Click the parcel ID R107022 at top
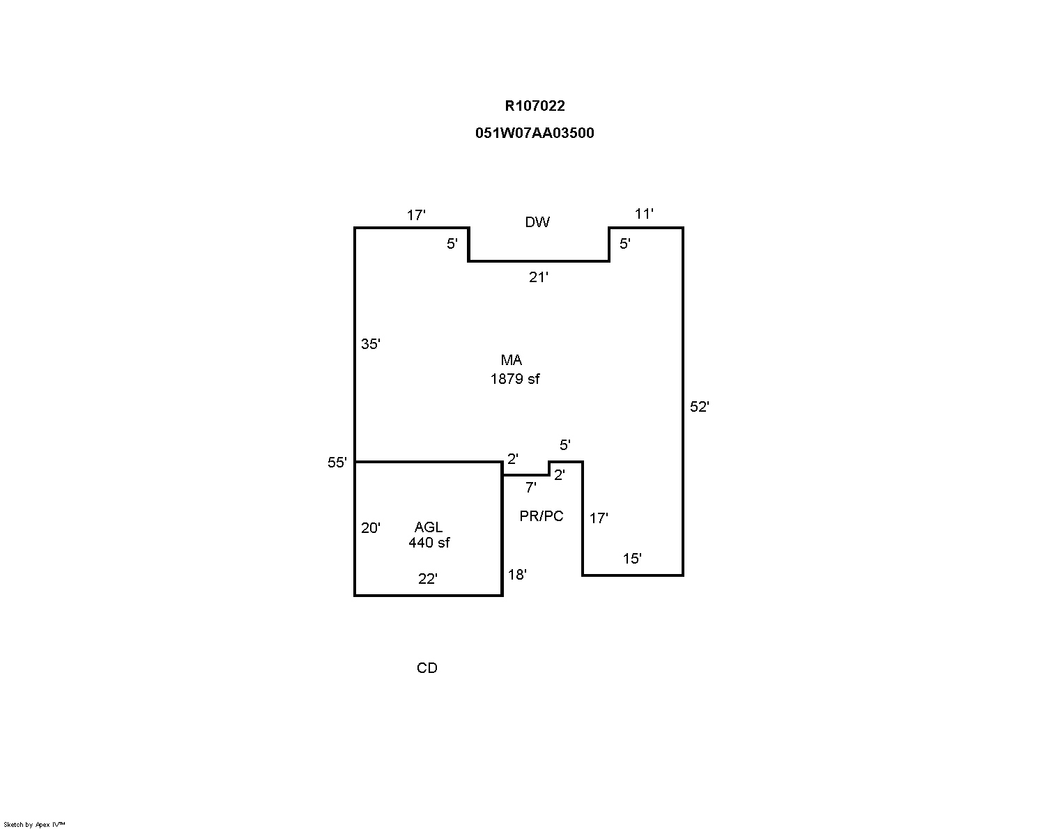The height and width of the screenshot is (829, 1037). pos(535,106)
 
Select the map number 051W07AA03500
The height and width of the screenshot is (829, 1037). pos(535,133)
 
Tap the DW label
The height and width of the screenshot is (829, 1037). pos(537,222)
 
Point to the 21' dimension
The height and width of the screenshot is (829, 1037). pos(538,277)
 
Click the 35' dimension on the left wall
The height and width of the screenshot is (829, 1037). pos(371,344)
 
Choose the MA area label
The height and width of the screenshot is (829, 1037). pos(512,360)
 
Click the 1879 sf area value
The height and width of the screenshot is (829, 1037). pos(514,379)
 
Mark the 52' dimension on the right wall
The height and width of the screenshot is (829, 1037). pos(699,407)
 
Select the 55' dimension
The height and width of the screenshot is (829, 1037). pos(337,463)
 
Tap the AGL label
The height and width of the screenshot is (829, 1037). pos(429,527)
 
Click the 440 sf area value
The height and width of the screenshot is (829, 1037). pos(429,543)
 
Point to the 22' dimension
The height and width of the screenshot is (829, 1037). pos(428,579)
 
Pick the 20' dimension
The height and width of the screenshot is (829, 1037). pos(371,528)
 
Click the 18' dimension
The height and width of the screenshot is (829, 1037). pos(517,575)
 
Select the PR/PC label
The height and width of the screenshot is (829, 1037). pos(541,516)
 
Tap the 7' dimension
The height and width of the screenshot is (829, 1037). pos(530,488)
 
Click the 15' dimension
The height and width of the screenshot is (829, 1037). pos(632,559)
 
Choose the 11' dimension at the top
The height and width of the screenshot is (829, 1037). pos(644,214)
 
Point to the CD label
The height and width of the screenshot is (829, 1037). pos(427,668)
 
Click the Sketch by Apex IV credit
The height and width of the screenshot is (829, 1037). pos(34,825)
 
